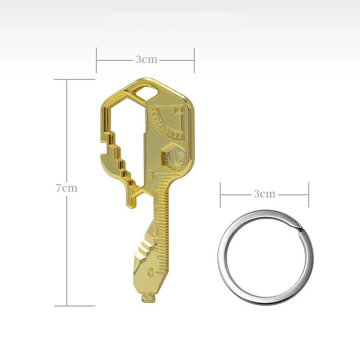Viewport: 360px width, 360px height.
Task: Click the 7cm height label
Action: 66,188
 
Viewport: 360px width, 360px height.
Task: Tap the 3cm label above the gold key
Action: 146,59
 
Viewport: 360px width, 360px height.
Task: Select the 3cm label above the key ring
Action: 264,194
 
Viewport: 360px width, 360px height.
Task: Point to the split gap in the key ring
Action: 299,229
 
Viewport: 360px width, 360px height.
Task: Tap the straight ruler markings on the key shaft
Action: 163,220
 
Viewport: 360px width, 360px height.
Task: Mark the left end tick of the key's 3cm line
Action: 97,59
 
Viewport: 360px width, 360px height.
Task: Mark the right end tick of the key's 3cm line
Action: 194,59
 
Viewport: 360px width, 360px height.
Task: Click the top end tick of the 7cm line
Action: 68,79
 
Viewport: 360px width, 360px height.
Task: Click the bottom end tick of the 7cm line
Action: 68,305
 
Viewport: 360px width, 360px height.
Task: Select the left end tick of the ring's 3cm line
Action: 220,194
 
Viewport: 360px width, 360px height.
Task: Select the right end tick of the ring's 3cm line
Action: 308,194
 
